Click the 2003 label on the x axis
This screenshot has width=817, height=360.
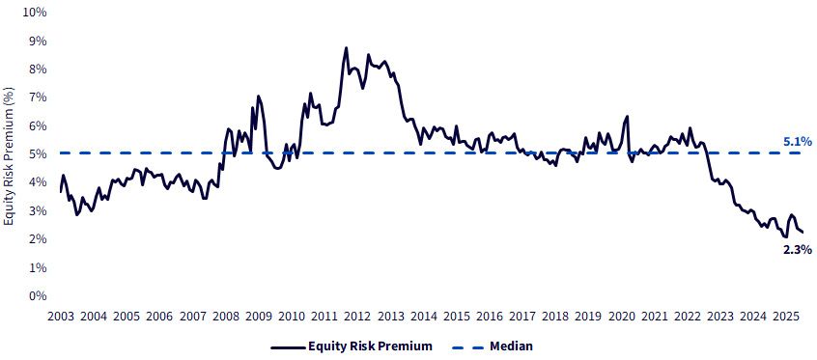tap(61, 317)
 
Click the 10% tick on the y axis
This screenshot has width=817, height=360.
tap(35, 13)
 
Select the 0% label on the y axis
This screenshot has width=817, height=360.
tap(38, 296)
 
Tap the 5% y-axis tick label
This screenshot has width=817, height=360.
tap(38, 154)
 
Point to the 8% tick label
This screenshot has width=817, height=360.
tap(38, 69)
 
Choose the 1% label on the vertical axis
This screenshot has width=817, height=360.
tap(38, 267)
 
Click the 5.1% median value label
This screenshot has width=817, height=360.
tap(797, 141)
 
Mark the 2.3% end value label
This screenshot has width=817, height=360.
tap(797, 250)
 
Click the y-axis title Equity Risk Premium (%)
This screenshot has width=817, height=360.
tap(9, 155)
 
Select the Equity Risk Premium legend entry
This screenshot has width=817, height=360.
tap(352, 346)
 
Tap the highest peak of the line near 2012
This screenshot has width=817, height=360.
tap(346, 48)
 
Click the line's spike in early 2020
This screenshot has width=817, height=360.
tap(628, 116)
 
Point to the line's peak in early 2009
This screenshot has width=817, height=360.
tap(258, 96)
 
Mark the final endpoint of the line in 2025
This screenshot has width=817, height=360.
tap(803, 233)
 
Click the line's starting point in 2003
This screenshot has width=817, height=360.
tap(61, 192)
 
